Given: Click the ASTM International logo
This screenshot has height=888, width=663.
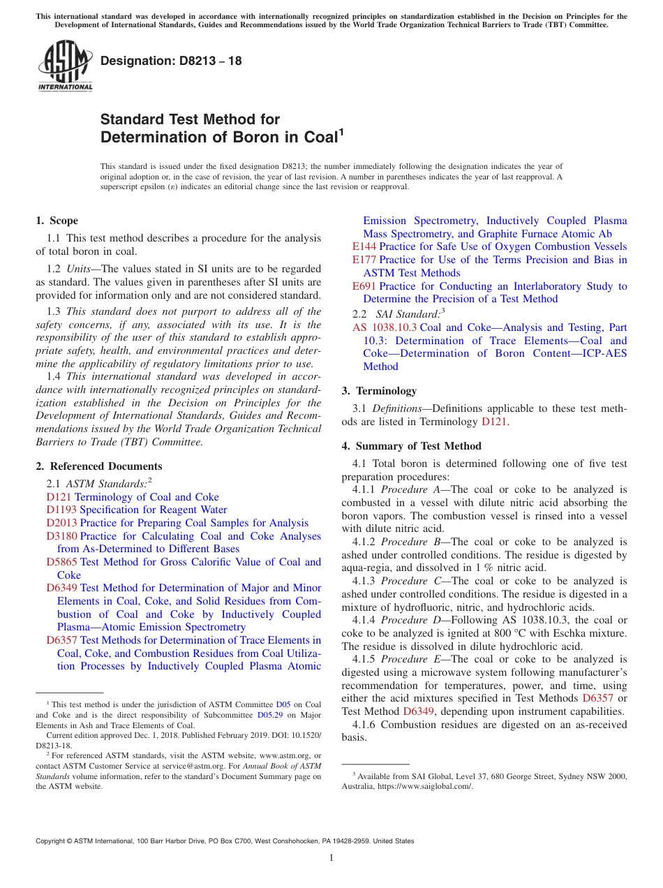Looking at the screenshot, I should point(65,66).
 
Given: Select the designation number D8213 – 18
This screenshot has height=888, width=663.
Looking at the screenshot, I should point(171,61).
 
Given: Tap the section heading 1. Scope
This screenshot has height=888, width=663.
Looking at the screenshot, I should point(57,221).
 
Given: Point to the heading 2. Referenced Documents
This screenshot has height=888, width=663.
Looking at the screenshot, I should point(99,466).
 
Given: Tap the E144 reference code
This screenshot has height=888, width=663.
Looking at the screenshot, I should point(364,246).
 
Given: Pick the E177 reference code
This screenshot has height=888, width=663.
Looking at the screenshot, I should point(364,260).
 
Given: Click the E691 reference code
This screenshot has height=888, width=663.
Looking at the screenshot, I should point(364,286).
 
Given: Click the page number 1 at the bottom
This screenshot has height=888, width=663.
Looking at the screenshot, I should point(331,858).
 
